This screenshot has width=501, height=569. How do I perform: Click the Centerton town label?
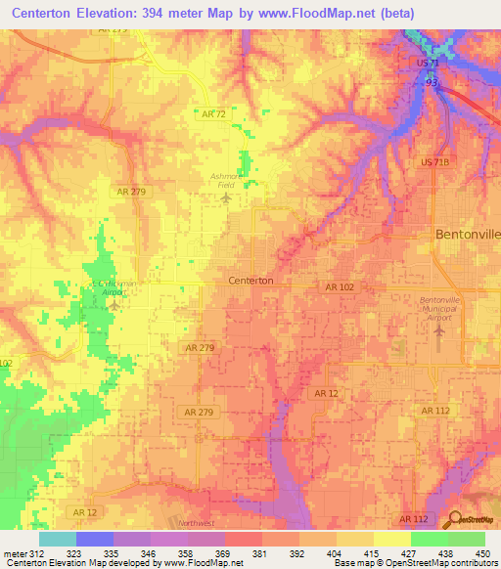pyautogui.click(x=250, y=280)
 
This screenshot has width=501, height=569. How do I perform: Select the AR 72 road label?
pyautogui.click(x=214, y=114)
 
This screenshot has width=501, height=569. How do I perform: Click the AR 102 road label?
pyautogui.click(x=339, y=286)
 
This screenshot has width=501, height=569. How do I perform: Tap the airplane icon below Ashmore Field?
pyautogui.click(x=227, y=198)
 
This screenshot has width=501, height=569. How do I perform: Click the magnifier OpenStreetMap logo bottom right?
pyautogui.click(x=453, y=520)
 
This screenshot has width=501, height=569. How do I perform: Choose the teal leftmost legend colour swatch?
pyautogui.click(x=57, y=539)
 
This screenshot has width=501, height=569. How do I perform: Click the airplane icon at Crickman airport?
pyautogui.click(x=114, y=304)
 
